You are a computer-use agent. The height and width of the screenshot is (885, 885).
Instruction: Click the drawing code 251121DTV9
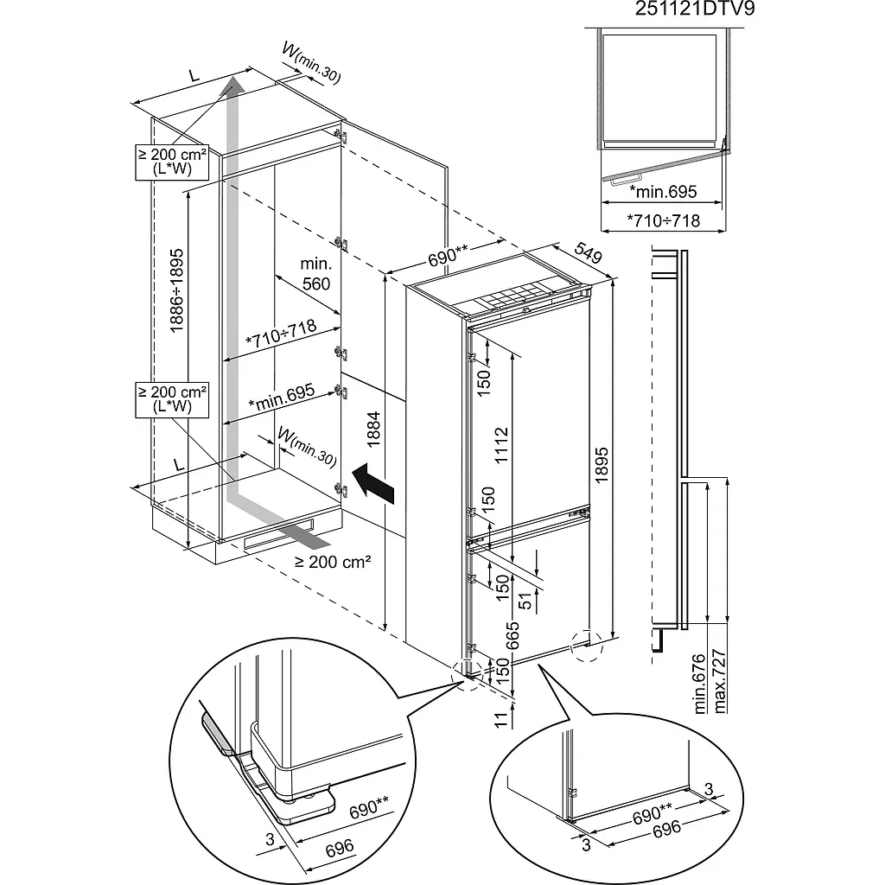[695, 9]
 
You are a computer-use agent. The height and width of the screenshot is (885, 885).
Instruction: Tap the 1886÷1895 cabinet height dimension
[176, 290]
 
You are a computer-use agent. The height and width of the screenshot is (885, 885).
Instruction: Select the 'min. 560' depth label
[316, 273]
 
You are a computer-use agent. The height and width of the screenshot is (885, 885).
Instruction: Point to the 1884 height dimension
[373, 429]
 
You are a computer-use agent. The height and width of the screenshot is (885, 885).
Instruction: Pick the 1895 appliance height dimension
[602, 464]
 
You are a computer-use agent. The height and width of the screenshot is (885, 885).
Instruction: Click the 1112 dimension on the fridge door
[501, 445]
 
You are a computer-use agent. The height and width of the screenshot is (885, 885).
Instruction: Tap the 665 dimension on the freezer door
[512, 635]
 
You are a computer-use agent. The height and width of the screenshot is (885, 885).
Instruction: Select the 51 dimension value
[525, 602]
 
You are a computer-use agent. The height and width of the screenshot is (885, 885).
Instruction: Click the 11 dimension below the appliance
[501, 720]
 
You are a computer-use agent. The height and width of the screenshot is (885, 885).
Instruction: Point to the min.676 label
[700, 684]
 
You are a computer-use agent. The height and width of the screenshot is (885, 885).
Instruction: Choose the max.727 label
[720, 681]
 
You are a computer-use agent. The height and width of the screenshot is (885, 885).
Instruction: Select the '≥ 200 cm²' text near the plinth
[333, 562]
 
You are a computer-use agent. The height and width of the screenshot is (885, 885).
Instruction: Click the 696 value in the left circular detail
[340, 847]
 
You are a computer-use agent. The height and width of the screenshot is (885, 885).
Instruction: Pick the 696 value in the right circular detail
[666, 829]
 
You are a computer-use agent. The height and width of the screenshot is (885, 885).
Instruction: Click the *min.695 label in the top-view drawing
[663, 192]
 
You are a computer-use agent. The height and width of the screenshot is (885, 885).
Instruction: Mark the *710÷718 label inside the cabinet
[281, 334]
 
